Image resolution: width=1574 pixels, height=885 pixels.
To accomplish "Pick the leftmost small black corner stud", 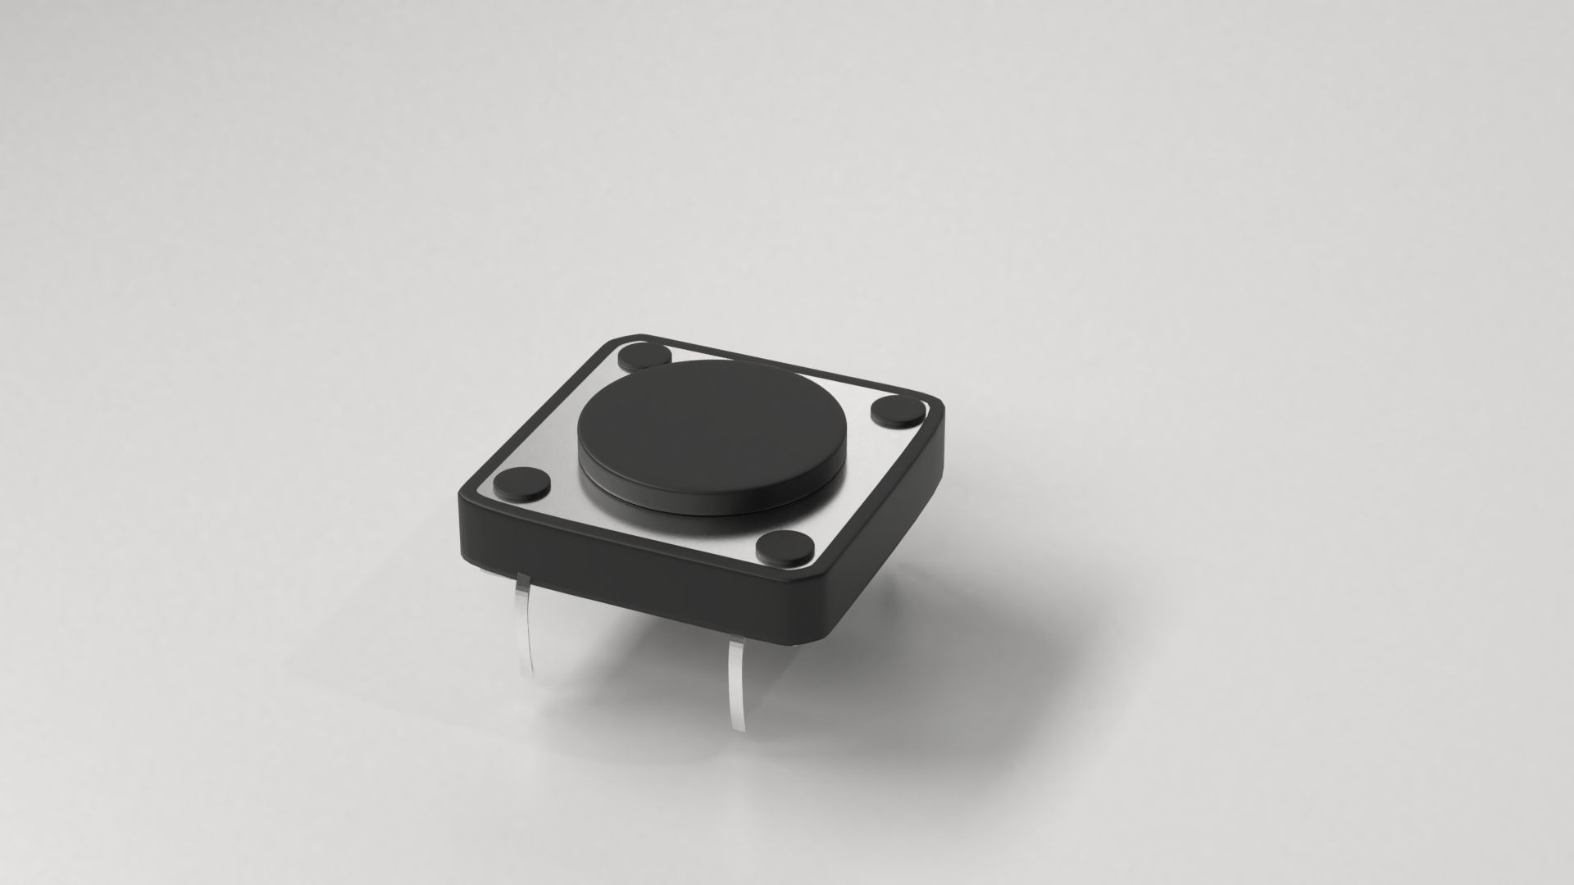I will [521, 486].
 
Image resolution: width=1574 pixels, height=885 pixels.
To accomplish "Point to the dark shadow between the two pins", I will [639, 656].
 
